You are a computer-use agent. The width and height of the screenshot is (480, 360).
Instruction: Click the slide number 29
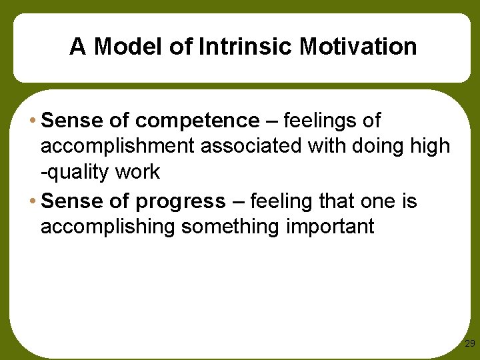469,344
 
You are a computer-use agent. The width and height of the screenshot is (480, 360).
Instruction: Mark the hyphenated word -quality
77,172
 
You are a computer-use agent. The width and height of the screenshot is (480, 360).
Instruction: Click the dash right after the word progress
237,201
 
